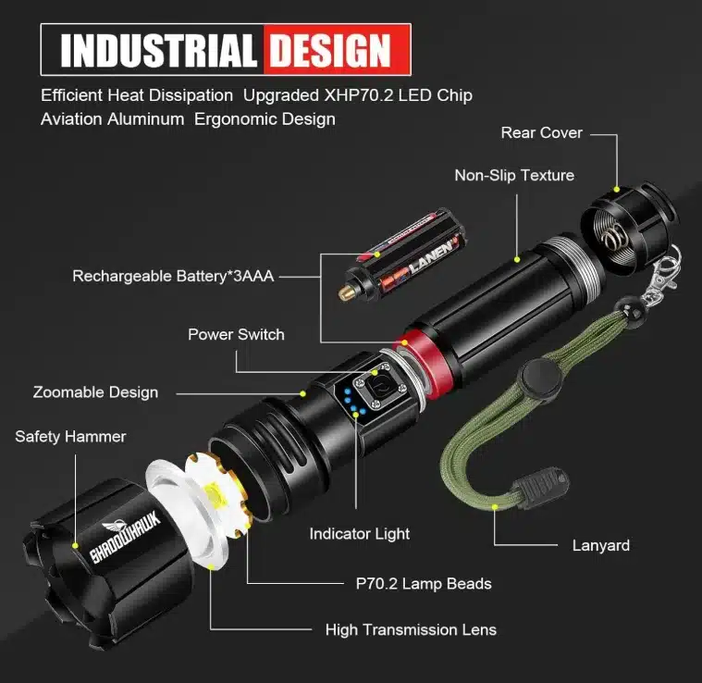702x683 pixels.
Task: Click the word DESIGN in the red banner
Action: coord(331,50)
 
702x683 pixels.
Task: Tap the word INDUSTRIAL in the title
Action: coord(159,50)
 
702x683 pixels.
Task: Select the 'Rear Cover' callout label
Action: coord(541,132)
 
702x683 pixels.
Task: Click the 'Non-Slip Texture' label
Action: coord(514,175)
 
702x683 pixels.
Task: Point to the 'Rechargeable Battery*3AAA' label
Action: coord(173,276)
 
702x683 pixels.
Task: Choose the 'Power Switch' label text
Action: coord(236,334)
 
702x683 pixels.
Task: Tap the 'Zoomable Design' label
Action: coord(95,392)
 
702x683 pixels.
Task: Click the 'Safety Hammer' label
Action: coord(70,436)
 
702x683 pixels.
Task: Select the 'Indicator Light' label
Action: coord(360,534)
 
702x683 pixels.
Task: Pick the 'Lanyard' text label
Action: coord(601,545)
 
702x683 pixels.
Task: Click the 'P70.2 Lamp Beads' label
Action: coord(424,584)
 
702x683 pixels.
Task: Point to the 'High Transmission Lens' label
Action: coord(411,629)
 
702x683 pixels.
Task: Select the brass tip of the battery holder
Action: coord(345,293)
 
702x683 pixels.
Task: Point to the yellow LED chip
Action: coord(215,498)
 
